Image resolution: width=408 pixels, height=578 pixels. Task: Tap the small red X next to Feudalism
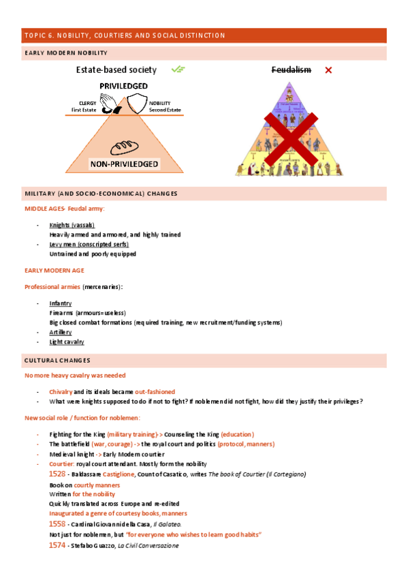pos(328,70)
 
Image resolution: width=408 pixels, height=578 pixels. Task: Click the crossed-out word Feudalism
pos(292,70)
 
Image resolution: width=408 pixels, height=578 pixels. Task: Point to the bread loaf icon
pos(125,147)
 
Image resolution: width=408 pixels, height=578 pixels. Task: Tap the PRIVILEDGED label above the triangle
pos(124,85)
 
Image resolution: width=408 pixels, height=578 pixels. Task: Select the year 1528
pos(57,474)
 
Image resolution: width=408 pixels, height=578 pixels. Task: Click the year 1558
pos(57,523)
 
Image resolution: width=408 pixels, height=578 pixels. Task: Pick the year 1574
pos(57,545)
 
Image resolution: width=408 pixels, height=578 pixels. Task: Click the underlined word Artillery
pos(61,331)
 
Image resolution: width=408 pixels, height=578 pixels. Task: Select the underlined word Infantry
pos(61,303)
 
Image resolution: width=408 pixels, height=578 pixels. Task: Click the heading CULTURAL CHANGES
pos(57,360)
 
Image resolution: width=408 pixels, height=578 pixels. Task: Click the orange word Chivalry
pos(61,392)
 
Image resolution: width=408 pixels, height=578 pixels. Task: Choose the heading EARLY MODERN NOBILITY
pos(65,52)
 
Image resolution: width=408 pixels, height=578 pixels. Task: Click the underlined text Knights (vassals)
pos(72,225)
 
